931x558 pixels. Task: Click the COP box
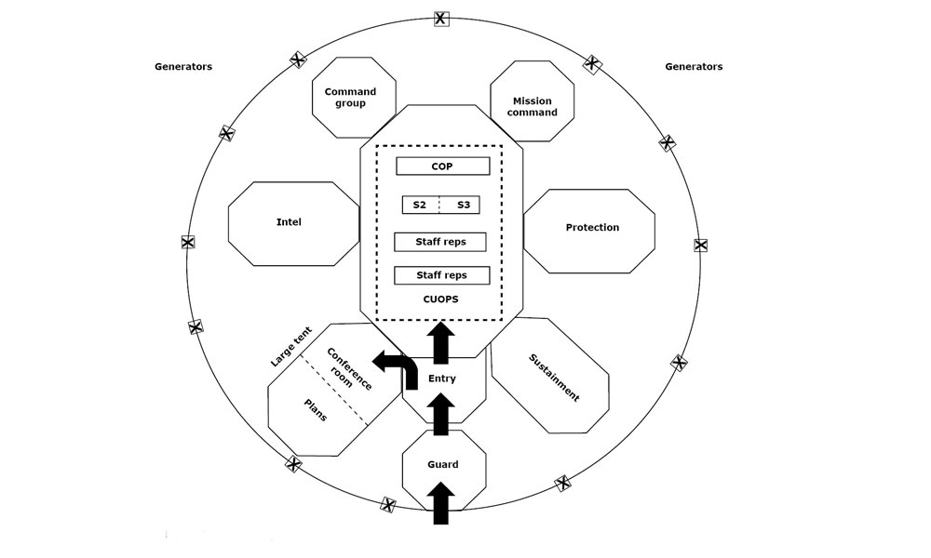[x=443, y=166]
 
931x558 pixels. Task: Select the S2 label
[x=419, y=206]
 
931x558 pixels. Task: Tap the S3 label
[x=464, y=206]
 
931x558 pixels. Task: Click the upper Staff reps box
[x=440, y=242]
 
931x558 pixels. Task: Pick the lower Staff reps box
[x=441, y=275]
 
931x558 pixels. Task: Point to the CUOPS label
[x=440, y=299]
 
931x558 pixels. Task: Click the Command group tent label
[x=350, y=98]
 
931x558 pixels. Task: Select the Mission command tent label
[x=532, y=107]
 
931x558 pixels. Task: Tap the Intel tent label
[x=289, y=221]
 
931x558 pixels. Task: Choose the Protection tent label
[x=592, y=227]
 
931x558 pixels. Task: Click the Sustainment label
[x=554, y=378]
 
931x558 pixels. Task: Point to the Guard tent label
[x=443, y=464]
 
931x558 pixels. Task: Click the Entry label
[x=441, y=379]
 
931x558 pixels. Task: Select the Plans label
[x=316, y=410]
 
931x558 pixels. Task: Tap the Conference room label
[x=347, y=370]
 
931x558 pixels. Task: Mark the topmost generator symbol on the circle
[x=440, y=19]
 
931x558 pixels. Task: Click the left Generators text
[x=183, y=66]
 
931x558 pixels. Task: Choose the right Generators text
[x=694, y=66]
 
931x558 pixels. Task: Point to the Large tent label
[x=290, y=346]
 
